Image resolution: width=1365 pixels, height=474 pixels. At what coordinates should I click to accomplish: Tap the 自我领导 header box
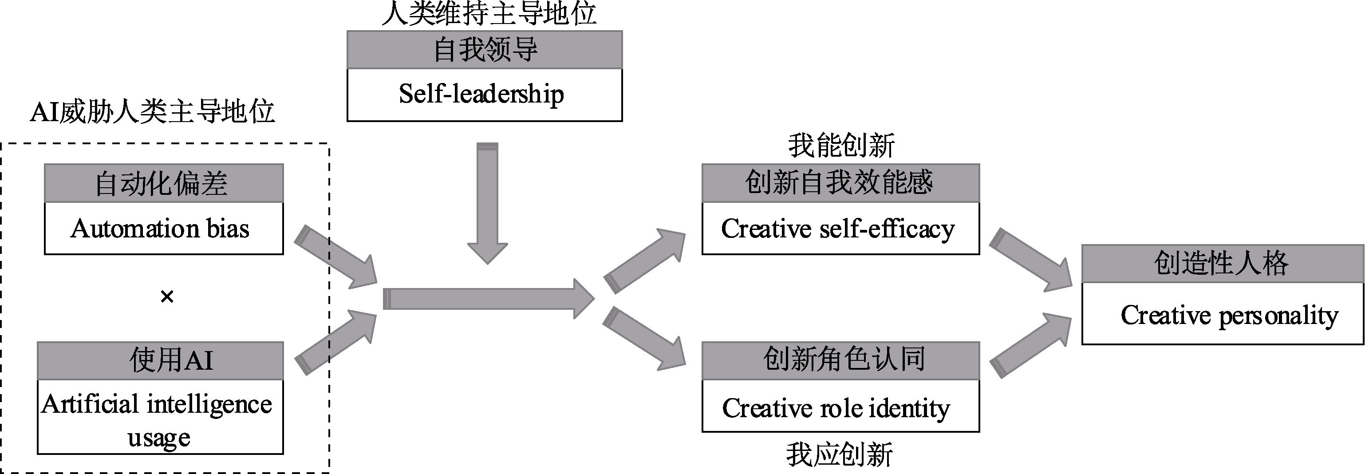[484, 49]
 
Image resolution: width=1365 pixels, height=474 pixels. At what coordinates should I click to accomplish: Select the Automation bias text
[160, 229]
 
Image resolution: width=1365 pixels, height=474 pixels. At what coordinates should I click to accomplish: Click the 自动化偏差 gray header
[163, 183]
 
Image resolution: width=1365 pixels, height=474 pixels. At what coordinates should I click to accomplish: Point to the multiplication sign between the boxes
[167, 296]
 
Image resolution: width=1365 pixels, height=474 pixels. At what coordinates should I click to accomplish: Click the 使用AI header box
[160, 360]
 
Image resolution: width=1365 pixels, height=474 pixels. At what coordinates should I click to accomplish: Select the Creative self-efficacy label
[838, 229]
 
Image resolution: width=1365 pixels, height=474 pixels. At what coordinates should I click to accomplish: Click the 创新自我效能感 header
[840, 183]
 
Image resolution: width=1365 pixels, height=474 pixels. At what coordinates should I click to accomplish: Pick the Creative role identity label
[836, 408]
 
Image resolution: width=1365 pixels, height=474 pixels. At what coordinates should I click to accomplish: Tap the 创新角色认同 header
[840, 360]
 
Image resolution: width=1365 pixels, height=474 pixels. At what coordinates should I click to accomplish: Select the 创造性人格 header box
[1222, 264]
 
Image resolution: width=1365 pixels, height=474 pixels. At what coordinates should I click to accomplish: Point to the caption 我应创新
[839, 455]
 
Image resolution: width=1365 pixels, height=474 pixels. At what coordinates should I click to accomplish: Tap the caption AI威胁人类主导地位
[153, 112]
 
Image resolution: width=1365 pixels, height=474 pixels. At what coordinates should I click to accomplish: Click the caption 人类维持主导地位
[489, 13]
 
